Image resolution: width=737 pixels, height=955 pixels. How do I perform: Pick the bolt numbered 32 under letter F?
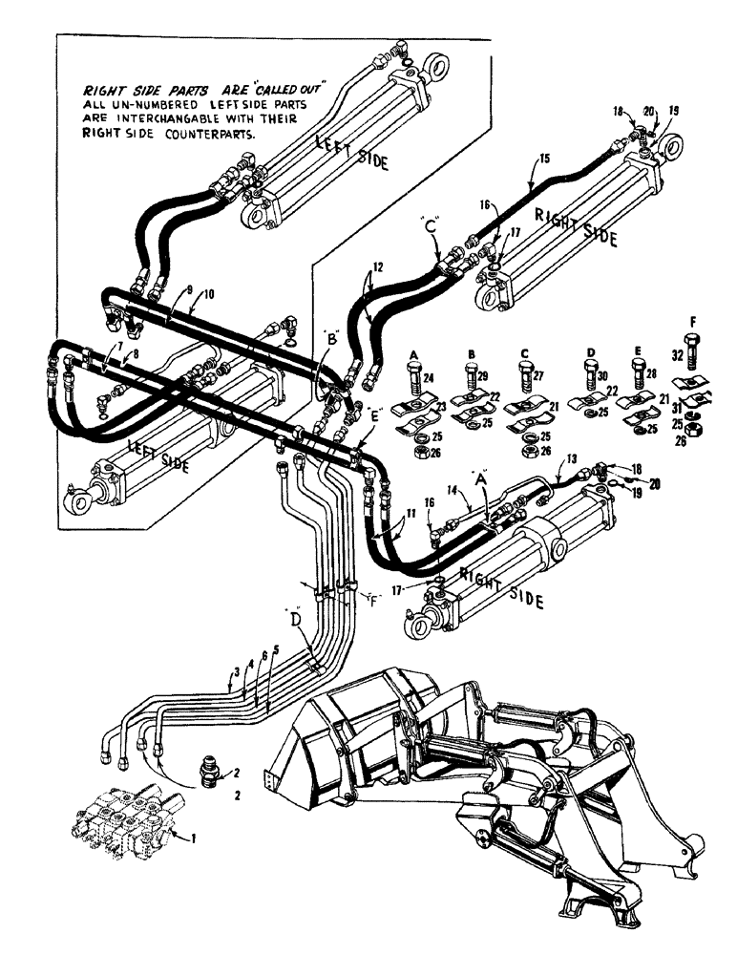pyautogui.click(x=691, y=350)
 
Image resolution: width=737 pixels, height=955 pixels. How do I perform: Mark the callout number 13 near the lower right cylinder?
pyautogui.click(x=572, y=459)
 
